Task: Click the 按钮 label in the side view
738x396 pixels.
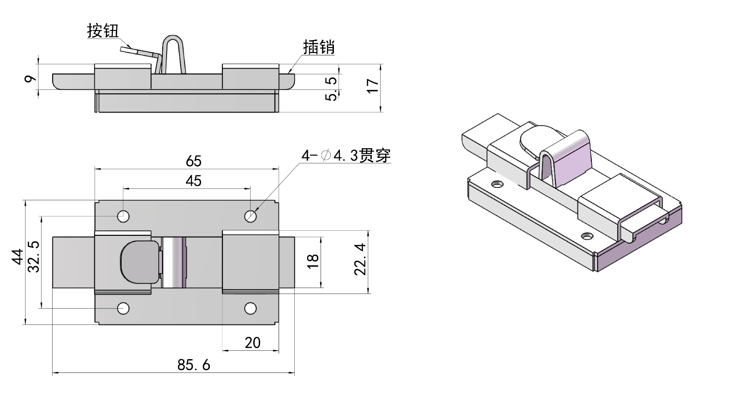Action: pos(103,31)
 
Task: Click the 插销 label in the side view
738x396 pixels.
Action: pos(319,47)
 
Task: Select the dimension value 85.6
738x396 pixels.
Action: pos(194,365)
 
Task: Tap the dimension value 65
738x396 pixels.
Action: pos(194,161)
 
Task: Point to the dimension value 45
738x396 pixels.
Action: pos(194,180)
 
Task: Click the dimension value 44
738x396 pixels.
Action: pos(18,256)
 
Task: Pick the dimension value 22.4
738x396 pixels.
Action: pos(360,259)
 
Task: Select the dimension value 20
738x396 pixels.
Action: pos(252,342)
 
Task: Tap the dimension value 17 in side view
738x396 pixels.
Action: pos(373,86)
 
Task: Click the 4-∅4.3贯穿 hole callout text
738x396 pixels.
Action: pos(346,156)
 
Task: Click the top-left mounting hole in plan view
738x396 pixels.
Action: pos(123,216)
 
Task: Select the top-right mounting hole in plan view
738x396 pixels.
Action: pos(250,216)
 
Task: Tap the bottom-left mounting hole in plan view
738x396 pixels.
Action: pos(123,308)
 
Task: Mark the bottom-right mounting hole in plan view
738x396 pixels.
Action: pos(250,308)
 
